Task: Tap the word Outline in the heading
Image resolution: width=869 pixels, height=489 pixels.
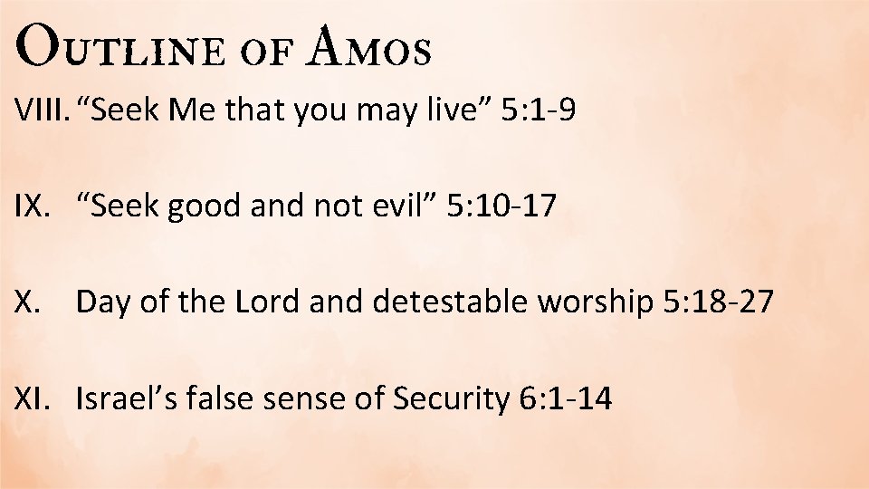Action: click(119, 48)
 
